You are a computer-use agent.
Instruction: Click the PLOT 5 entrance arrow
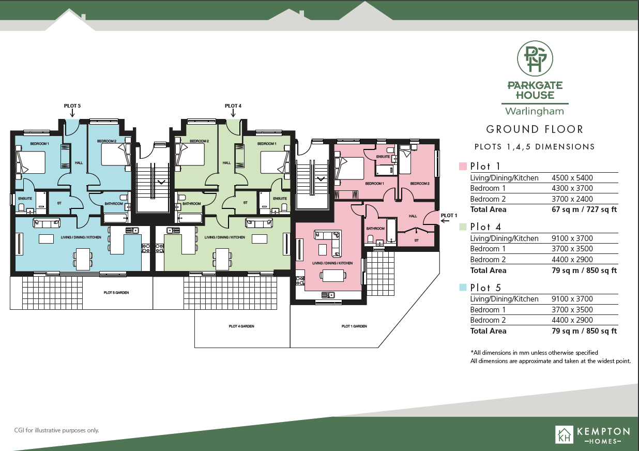click(72, 113)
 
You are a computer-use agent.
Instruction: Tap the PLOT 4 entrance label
click(233, 106)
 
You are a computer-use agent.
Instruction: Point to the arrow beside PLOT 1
click(445, 221)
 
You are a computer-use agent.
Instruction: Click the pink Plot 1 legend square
click(463, 166)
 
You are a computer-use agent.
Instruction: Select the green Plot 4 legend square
click(463, 227)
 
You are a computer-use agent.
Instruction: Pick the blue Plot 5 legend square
click(463, 287)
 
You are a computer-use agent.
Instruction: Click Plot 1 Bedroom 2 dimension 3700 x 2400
click(572, 199)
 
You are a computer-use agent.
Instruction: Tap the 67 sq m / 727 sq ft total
click(584, 209)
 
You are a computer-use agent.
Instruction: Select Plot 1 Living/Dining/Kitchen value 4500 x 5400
click(572, 178)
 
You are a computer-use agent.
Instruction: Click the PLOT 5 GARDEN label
click(116, 293)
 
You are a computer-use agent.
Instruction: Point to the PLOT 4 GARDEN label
click(241, 326)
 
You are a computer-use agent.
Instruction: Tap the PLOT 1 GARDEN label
click(354, 326)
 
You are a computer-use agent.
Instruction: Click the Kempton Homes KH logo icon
click(564, 435)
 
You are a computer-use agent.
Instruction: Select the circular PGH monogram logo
click(535, 58)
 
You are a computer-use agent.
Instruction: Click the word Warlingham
click(535, 111)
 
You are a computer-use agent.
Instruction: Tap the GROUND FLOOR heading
click(535, 129)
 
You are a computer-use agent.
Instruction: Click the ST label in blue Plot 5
click(59, 203)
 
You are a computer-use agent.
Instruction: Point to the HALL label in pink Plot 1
click(413, 216)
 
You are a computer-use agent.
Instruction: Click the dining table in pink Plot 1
click(333, 276)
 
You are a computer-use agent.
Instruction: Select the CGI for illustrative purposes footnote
click(56, 430)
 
